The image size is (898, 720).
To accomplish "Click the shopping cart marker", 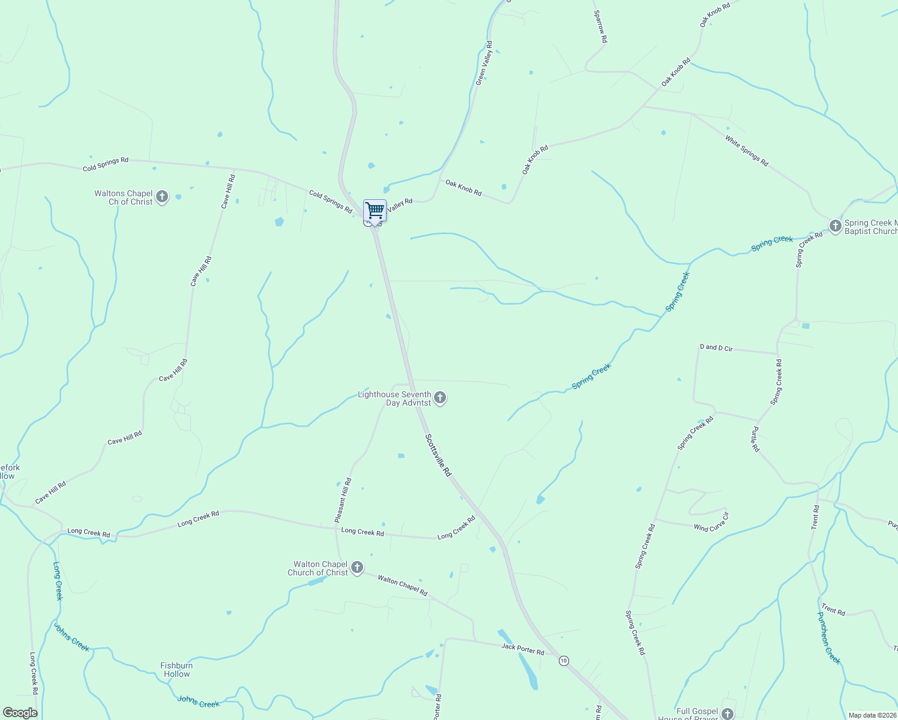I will tap(375, 211).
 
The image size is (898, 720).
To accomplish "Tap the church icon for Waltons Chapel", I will tap(161, 197).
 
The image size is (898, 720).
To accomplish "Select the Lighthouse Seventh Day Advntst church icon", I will tap(440, 398).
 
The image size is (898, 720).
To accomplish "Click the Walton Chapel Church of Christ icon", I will tap(357, 568).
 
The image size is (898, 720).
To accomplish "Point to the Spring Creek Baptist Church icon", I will tap(835, 226).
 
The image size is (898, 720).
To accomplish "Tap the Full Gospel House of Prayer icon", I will tap(728, 713).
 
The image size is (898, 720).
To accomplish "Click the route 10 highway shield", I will tap(563, 661).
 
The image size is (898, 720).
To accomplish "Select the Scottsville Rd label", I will tap(438, 455).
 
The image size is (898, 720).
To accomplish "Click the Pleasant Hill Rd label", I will tap(343, 500).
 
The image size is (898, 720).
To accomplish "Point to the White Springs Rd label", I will tap(746, 151).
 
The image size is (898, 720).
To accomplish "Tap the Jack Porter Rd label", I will tap(523, 649).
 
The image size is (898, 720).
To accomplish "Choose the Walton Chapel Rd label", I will tap(402, 586).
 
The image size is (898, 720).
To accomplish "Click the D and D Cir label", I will tap(716, 347).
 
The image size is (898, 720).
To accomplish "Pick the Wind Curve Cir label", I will tap(711, 523).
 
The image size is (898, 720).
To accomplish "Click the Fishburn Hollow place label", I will tap(176, 670).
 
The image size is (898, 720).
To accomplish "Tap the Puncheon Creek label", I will tap(828, 638).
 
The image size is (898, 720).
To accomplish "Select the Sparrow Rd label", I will tap(600, 26).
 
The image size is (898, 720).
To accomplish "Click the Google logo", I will tap(20, 713).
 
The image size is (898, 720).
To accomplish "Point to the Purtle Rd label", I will tap(755, 439).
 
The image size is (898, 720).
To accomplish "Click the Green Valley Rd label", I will tap(484, 63).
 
